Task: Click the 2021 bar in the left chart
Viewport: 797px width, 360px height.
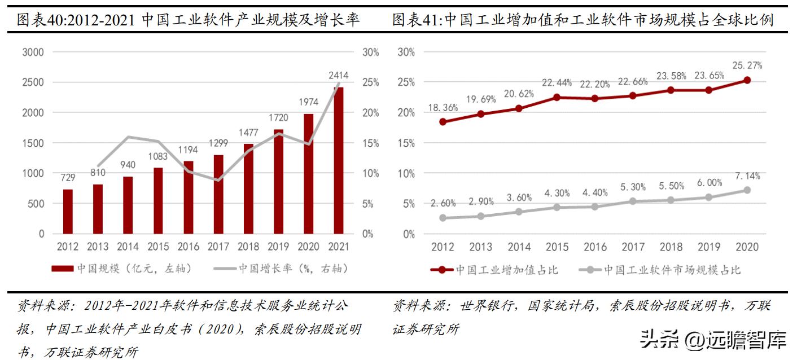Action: tap(339, 161)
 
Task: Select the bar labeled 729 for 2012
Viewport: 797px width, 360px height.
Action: tap(68, 212)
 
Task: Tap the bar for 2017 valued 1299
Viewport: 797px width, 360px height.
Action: tap(218, 194)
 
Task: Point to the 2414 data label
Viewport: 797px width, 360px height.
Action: tap(339, 74)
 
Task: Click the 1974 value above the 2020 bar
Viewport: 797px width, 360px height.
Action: tap(308, 102)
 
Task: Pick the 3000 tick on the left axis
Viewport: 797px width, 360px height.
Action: tap(33, 52)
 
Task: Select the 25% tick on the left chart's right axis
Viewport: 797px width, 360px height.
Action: tap(370, 82)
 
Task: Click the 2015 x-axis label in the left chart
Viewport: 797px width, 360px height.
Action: tap(158, 247)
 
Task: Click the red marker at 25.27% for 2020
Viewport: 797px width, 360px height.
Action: tap(747, 80)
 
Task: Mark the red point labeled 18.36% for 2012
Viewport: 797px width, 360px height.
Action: tap(443, 122)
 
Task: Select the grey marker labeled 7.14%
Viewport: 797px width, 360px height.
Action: tap(747, 190)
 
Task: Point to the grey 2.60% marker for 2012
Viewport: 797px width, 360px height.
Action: tap(443, 218)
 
